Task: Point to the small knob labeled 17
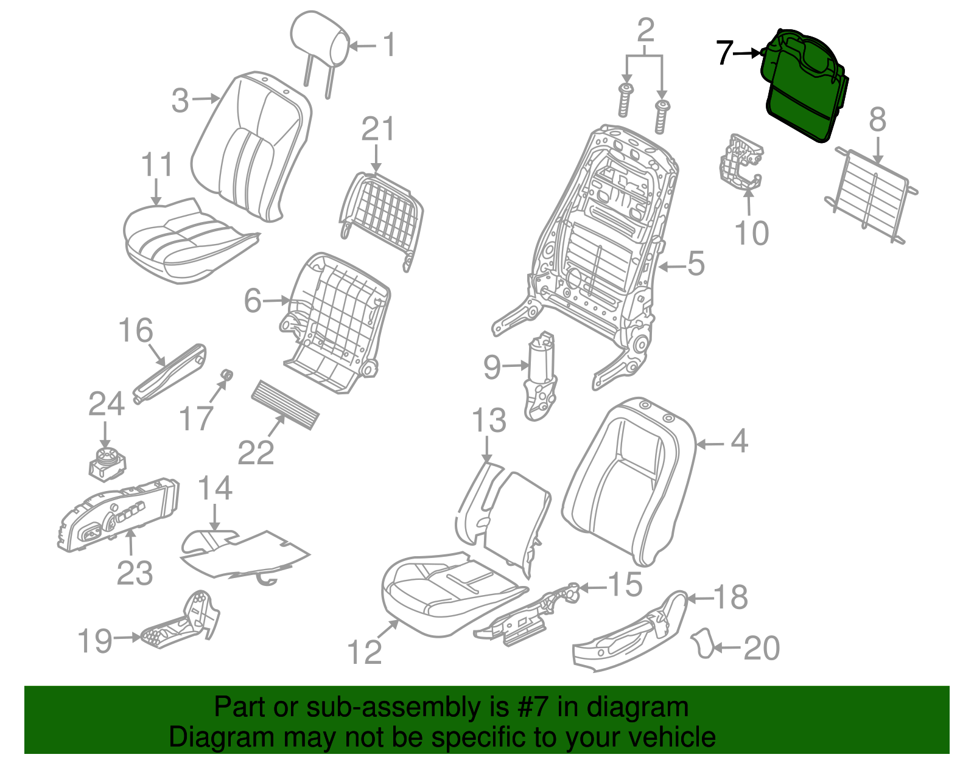click(x=226, y=374)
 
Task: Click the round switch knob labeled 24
click(x=107, y=462)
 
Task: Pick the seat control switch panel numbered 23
click(x=119, y=514)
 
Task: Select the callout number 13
click(x=489, y=420)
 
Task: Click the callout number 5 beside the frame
click(x=695, y=263)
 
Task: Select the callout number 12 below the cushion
click(x=364, y=652)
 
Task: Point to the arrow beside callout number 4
click(x=709, y=444)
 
